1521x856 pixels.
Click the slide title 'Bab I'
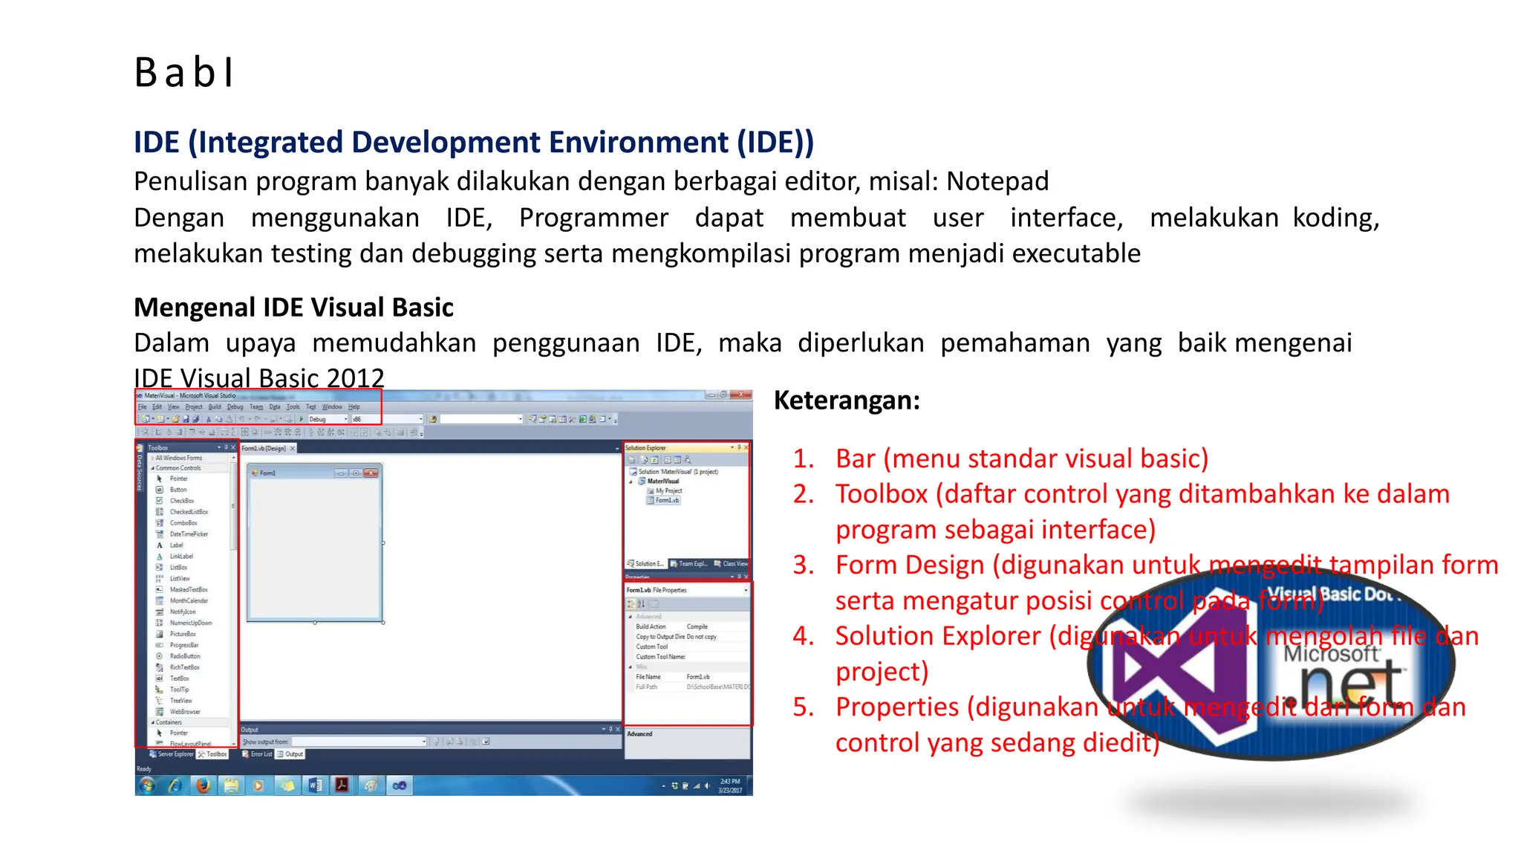click(x=184, y=73)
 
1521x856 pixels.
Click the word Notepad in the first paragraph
click(x=997, y=181)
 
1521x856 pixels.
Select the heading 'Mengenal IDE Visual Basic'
click(x=293, y=308)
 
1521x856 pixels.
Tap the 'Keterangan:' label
click(x=847, y=401)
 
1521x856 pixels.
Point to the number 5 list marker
click(x=803, y=707)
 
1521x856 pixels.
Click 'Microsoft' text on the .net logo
click(x=1331, y=654)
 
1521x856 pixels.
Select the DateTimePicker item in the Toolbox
click(x=189, y=534)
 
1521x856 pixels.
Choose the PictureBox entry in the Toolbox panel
click(x=183, y=634)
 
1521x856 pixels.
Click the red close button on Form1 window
click(x=371, y=473)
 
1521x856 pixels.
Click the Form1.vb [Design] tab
click(x=264, y=448)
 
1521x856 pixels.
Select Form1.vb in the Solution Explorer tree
click(x=667, y=501)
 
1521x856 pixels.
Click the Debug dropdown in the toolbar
click(x=327, y=419)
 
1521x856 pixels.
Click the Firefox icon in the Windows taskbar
click(x=203, y=785)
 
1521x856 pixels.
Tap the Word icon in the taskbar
click(x=314, y=785)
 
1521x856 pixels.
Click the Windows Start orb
click(x=147, y=785)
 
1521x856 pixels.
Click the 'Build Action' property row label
click(x=651, y=627)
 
